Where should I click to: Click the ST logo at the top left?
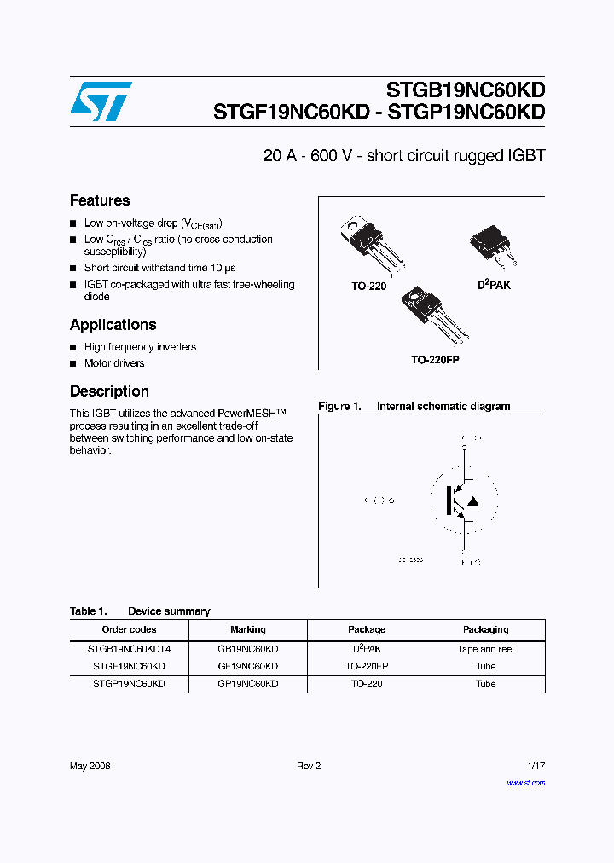(101, 101)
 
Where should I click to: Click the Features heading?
(100, 200)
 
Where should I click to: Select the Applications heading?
(113, 325)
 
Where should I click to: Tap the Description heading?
(109, 391)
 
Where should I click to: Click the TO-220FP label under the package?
(435, 361)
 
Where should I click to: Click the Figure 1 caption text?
(414, 407)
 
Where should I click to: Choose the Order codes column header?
(129, 630)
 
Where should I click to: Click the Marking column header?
(247, 630)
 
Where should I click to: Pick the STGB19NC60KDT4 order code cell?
(129, 649)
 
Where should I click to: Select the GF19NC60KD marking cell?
(247, 666)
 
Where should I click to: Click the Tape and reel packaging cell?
(485, 649)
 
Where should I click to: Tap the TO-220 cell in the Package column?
(367, 684)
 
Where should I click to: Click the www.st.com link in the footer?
(525, 782)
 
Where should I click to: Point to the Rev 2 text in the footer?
(308, 766)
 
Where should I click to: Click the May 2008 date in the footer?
(90, 766)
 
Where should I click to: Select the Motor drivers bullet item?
(114, 363)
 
